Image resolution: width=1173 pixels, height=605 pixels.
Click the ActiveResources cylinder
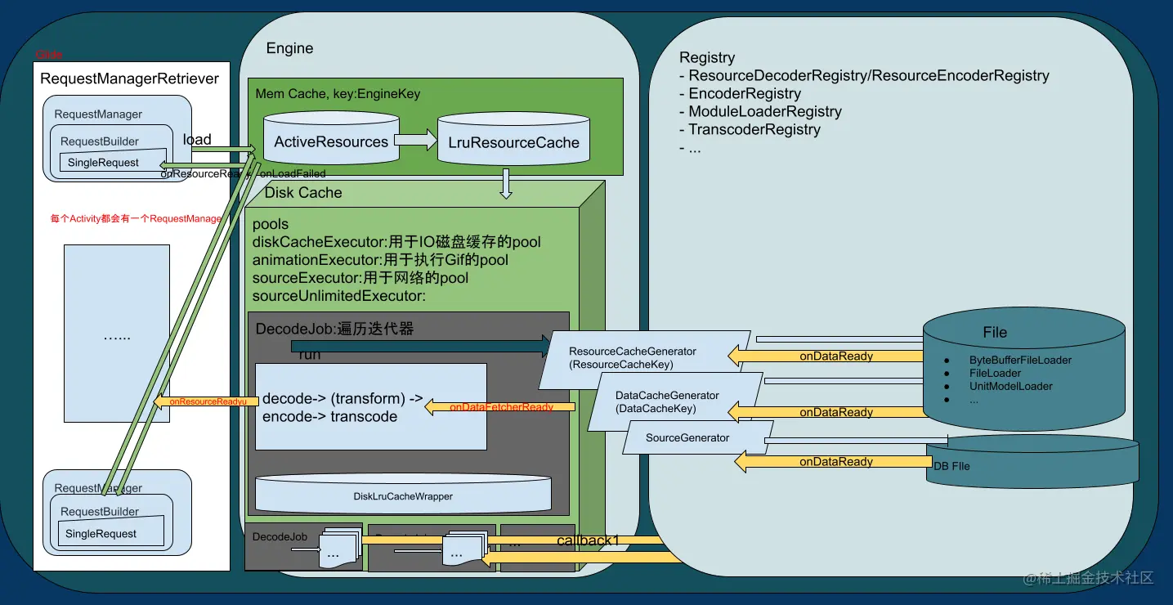pyautogui.click(x=331, y=142)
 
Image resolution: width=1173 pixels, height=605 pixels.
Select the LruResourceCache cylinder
pyautogui.click(x=513, y=143)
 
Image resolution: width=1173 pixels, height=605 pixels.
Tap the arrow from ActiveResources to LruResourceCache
pyautogui.click(x=419, y=141)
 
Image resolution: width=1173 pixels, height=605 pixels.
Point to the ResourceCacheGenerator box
pyautogui.click(x=645, y=357)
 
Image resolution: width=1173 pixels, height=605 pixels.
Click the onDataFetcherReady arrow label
pyautogui.click(x=501, y=407)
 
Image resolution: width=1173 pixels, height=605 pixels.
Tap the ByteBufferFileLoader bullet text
pyautogui.click(x=1020, y=360)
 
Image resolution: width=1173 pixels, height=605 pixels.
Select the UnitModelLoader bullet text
pyautogui.click(x=1010, y=386)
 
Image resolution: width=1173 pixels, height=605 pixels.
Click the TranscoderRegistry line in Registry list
pyautogui.click(x=754, y=129)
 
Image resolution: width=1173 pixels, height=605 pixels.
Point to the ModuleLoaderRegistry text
pyautogui.click(x=764, y=111)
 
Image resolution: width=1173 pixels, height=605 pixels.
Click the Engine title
pyautogui.click(x=289, y=48)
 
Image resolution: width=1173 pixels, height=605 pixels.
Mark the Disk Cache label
pyautogui.click(x=303, y=193)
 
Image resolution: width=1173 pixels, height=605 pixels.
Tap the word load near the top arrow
pyautogui.click(x=197, y=140)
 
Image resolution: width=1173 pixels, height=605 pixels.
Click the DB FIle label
pyautogui.click(x=951, y=466)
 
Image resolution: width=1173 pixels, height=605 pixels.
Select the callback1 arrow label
pyautogui.click(x=588, y=540)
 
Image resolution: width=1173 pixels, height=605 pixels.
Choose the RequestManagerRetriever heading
pyautogui.click(x=129, y=79)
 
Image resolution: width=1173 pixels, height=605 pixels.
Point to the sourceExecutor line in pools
pyautogui.click(x=360, y=278)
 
